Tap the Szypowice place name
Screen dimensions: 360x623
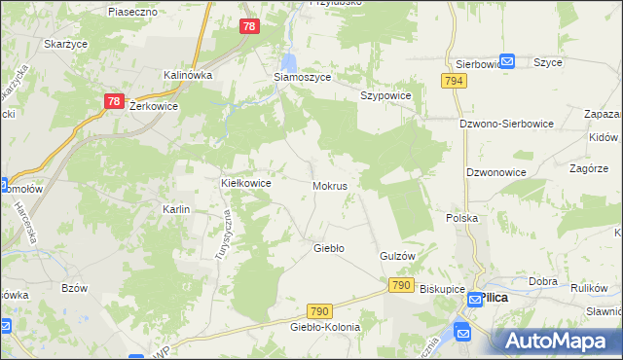point(385,95)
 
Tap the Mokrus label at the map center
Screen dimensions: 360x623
point(330,184)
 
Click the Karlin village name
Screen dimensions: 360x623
point(175,209)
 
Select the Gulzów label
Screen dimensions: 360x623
point(397,256)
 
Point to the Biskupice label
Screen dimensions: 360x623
point(444,289)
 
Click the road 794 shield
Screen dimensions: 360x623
point(454,82)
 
